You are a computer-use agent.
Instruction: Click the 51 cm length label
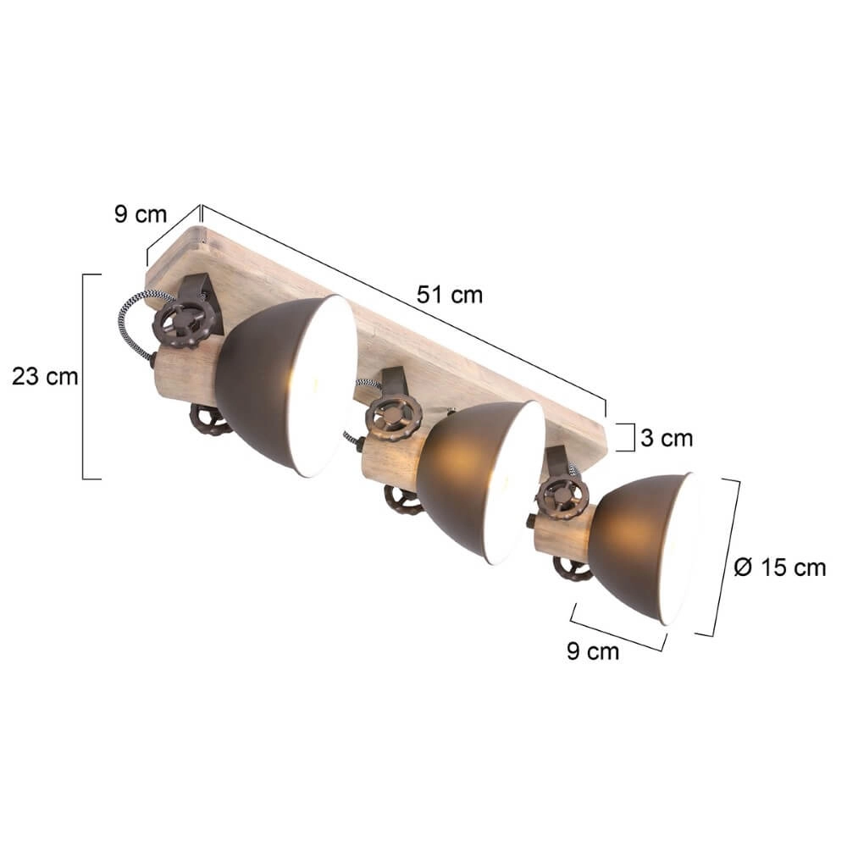click(449, 294)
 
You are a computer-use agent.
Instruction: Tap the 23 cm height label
click(45, 376)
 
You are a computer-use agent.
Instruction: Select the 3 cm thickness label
click(665, 438)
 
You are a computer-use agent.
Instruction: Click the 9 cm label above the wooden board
click(141, 214)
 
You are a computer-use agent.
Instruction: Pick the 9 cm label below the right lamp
click(593, 651)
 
